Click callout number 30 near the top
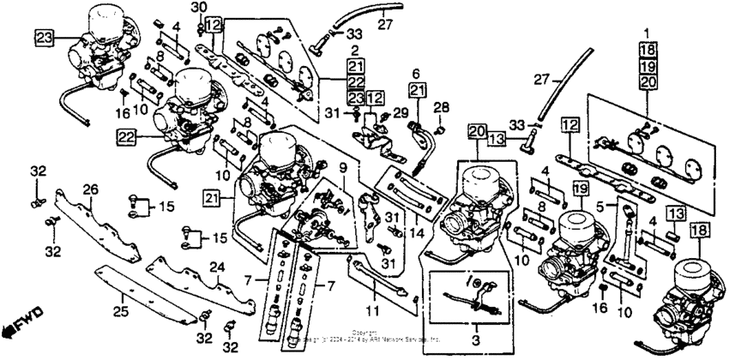pos(199,8)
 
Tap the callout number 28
pos(442,107)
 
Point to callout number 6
pos(417,75)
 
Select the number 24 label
pos(216,267)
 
